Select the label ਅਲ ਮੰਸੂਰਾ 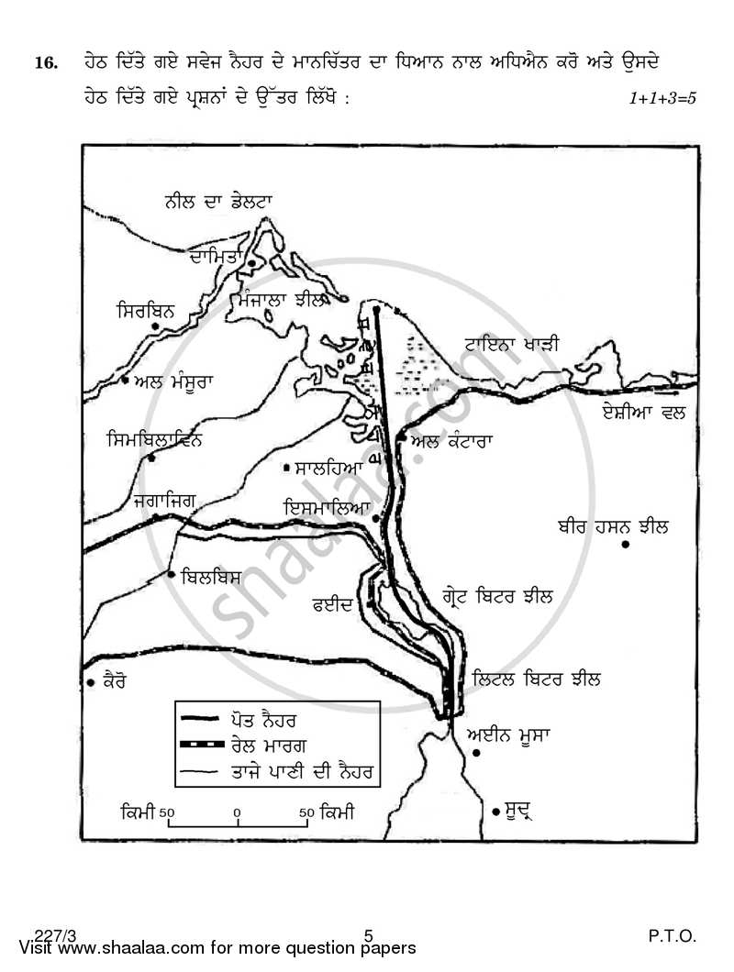coord(173,381)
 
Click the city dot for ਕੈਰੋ coord(91,682)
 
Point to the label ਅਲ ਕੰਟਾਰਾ coord(451,440)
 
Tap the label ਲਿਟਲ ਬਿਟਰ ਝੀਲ coord(538,679)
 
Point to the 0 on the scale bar coord(237,812)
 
